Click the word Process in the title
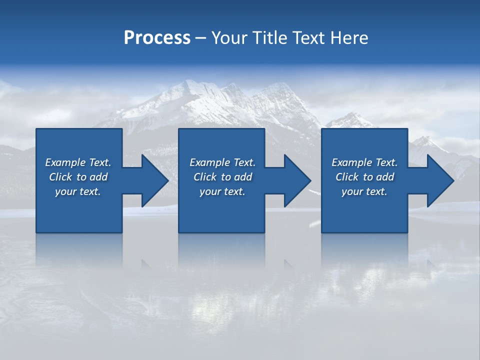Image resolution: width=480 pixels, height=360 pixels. point(157,37)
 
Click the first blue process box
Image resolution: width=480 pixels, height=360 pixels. point(78,215)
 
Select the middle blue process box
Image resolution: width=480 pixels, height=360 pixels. point(221,215)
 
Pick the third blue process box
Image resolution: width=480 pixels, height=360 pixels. point(364,215)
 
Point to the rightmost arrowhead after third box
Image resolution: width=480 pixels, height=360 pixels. point(439,180)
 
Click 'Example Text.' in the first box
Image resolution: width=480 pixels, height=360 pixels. point(78,162)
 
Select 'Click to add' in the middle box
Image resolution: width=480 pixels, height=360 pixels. point(222,177)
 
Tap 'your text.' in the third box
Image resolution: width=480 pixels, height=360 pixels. point(364,191)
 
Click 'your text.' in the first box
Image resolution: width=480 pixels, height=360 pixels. point(78,191)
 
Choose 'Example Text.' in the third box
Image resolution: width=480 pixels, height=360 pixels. point(364,162)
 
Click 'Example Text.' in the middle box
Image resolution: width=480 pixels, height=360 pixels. point(222,162)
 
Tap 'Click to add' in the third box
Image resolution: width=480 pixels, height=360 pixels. point(364,177)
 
